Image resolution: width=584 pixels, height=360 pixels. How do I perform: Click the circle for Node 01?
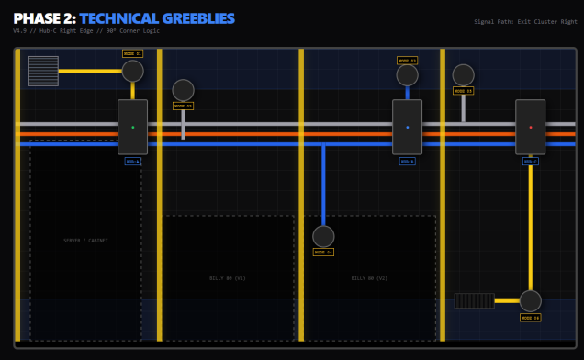(x=133, y=71)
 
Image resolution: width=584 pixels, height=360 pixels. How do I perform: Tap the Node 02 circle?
(x=184, y=90)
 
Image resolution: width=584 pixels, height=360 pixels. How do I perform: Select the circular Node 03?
(x=408, y=74)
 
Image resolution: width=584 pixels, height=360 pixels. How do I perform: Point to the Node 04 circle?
(x=323, y=237)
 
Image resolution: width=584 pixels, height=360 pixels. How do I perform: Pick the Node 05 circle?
(x=464, y=75)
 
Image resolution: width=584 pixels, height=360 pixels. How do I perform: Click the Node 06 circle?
(x=531, y=301)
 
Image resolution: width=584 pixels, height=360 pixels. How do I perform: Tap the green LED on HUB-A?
(x=133, y=127)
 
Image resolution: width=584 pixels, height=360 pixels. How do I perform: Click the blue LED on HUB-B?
(x=408, y=127)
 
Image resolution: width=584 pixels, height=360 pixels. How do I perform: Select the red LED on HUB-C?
(x=531, y=127)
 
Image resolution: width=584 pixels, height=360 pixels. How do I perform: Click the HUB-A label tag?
(x=133, y=162)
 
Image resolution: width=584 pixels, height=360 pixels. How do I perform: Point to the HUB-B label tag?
(x=408, y=162)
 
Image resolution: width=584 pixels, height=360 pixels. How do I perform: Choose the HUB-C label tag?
(x=531, y=162)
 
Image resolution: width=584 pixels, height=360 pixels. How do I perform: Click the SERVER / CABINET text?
(x=85, y=241)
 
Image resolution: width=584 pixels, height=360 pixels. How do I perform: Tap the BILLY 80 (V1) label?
(x=228, y=277)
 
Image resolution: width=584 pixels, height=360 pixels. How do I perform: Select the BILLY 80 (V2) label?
(x=370, y=277)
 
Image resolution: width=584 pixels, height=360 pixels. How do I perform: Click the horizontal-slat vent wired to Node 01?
(x=43, y=71)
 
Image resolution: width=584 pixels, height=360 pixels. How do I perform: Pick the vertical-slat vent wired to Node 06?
(x=474, y=300)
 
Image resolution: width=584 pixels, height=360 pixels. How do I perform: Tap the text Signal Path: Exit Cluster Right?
(x=525, y=21)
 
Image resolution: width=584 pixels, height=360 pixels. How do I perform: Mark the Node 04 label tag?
(x=323, y=252)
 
